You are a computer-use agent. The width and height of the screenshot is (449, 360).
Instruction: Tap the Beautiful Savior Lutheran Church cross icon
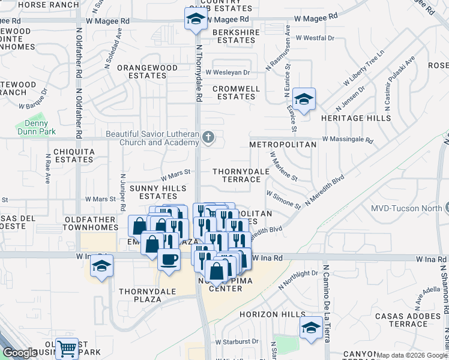click(x=208, y=138)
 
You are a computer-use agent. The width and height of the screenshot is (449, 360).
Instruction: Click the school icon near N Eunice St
click(x=304, y=100)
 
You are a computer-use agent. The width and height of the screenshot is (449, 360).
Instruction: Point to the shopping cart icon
click(x=67, y=348)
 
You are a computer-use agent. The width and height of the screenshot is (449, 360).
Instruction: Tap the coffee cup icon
click(x=168, y=259)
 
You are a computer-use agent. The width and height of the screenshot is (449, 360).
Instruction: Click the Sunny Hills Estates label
click(x=159, y=192)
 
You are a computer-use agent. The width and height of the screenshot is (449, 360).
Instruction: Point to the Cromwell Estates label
click(x=237, y=92)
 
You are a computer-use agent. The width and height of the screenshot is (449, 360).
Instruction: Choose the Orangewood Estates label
click(x=142, y=72)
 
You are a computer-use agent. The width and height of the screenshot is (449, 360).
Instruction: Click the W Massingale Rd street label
click(x=347, y=139)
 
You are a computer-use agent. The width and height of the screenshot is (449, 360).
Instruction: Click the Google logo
click(x=20, y=353)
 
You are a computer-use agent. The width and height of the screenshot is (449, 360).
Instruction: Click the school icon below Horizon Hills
click(x=311, y=328)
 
